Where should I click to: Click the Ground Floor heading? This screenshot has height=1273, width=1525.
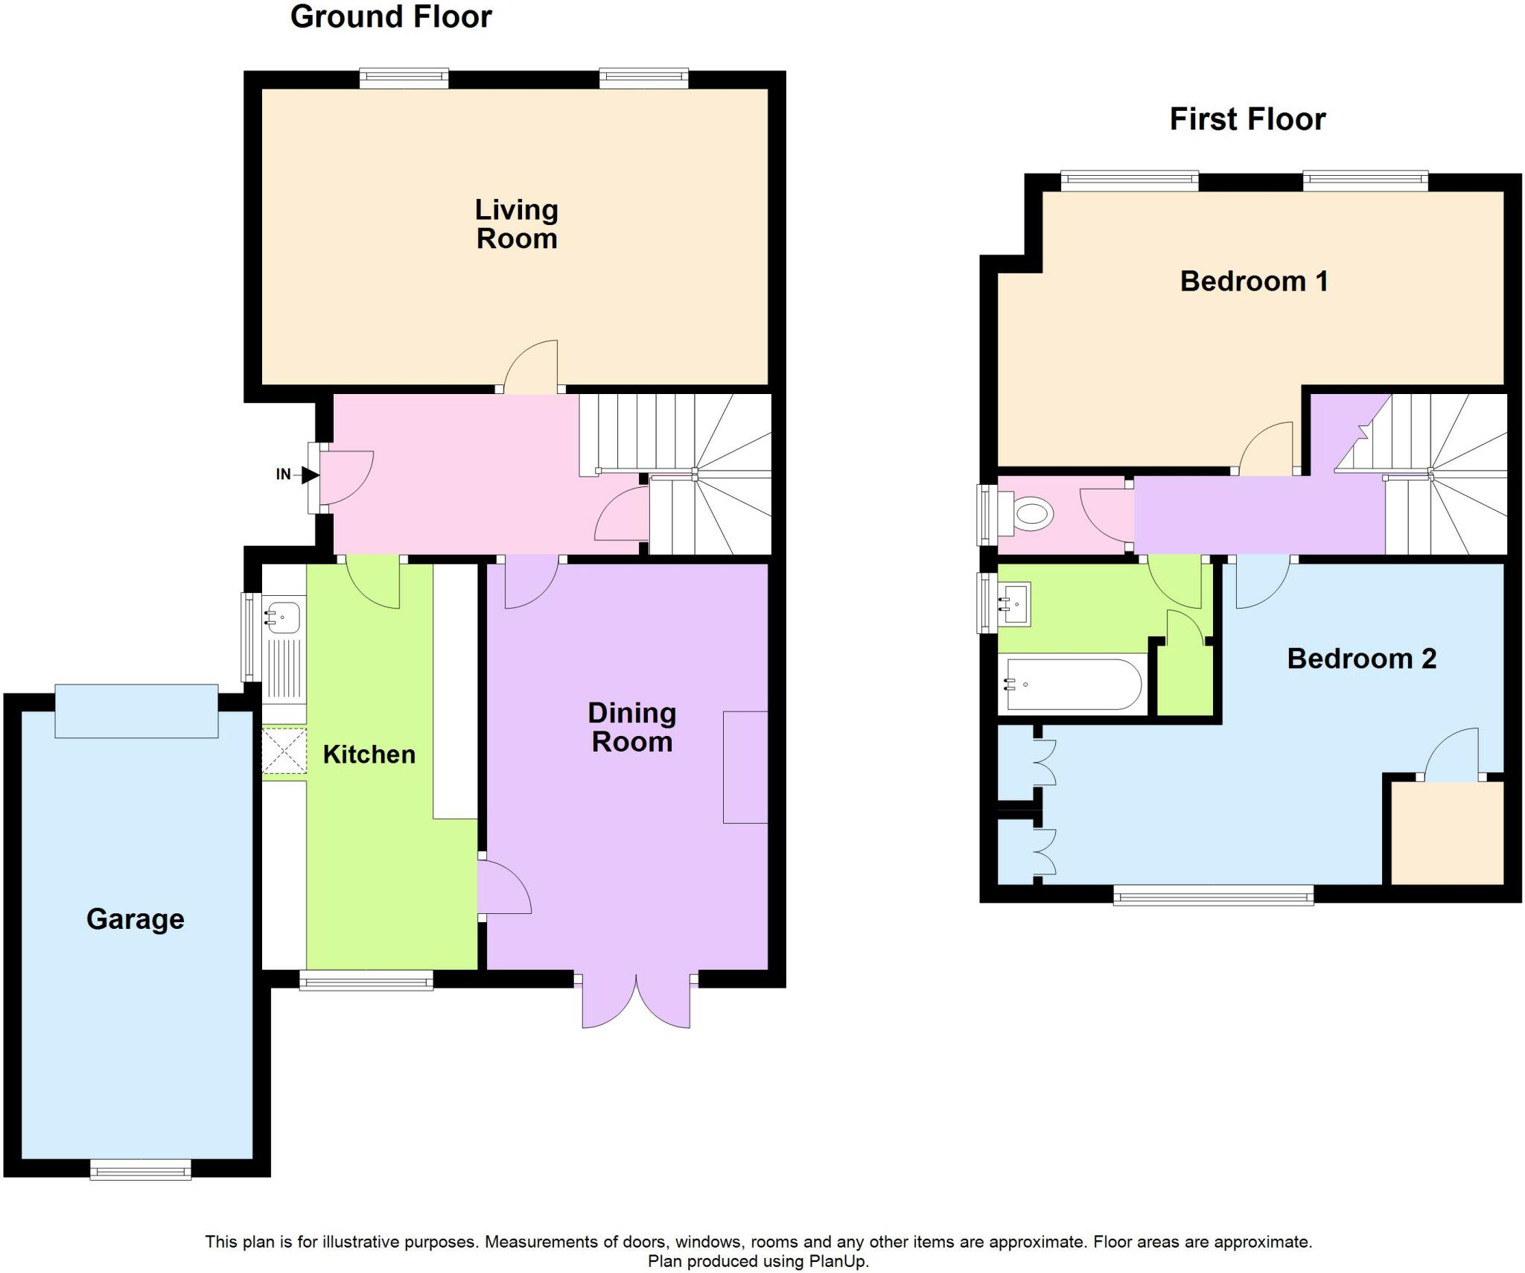[x=391, y=17]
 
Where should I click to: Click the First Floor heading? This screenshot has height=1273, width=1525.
[x=1247, y=119]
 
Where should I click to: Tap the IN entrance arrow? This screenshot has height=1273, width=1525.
[x=308, y=474]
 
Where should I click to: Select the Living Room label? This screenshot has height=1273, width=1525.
[x=517, y=224]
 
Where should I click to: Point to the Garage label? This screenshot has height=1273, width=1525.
[x=135, y=919]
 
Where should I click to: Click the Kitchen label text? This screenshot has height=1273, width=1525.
[x=369, y=755]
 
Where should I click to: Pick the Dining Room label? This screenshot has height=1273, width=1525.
[x=631, y=727]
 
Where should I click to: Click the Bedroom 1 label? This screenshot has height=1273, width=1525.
[x=1254, y=282]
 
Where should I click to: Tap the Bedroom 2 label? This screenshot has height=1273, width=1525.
[x=1361, y=658]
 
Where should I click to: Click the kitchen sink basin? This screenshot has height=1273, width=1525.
[x=283, y=616]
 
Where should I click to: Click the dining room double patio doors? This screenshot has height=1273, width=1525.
[x=636, y=1000]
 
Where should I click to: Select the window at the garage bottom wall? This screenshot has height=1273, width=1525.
[x=141, y=1170]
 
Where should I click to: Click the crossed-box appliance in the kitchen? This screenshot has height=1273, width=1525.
[x=284, y=752]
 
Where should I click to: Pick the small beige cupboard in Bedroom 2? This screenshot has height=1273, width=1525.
[x=1447, y=832]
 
